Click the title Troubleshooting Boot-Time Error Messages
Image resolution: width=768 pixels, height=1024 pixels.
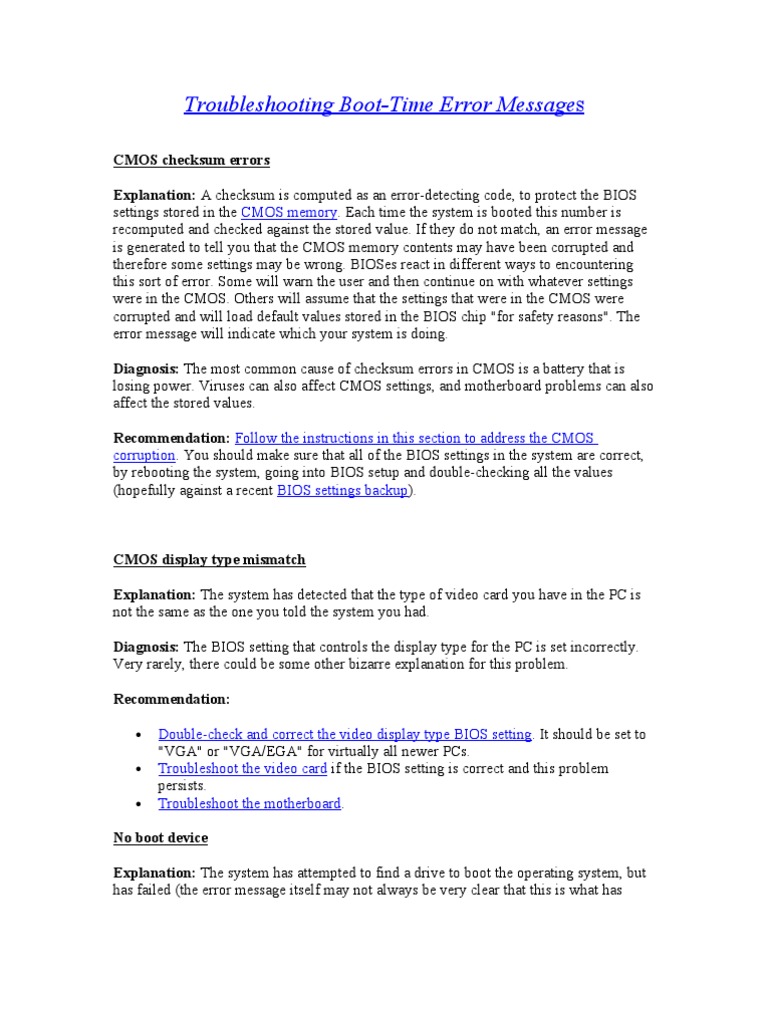pos(383,105)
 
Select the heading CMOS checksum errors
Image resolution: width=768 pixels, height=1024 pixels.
pos(191,160)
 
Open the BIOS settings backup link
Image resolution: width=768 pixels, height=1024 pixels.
pos(342,490)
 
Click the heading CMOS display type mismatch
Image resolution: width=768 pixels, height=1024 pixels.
pos(209,560)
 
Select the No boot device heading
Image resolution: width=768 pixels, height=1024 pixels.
pos(160,837)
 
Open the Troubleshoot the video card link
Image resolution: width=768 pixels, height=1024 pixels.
pos(242,768)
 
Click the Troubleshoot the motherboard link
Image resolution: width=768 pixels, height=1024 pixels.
pos(250,803)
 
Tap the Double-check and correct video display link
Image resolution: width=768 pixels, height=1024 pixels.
pos(345,734)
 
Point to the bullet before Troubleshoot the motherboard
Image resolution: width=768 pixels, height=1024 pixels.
pos(138,804)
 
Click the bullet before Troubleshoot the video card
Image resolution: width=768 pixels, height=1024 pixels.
pos(138,769)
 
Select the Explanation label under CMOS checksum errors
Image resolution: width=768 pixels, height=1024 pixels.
pos(154,195)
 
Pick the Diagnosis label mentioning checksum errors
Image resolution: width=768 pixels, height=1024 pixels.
pos(146,369)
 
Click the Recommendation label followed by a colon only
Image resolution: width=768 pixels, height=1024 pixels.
pos(171,698)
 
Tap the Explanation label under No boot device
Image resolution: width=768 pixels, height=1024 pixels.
pos(154,872)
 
